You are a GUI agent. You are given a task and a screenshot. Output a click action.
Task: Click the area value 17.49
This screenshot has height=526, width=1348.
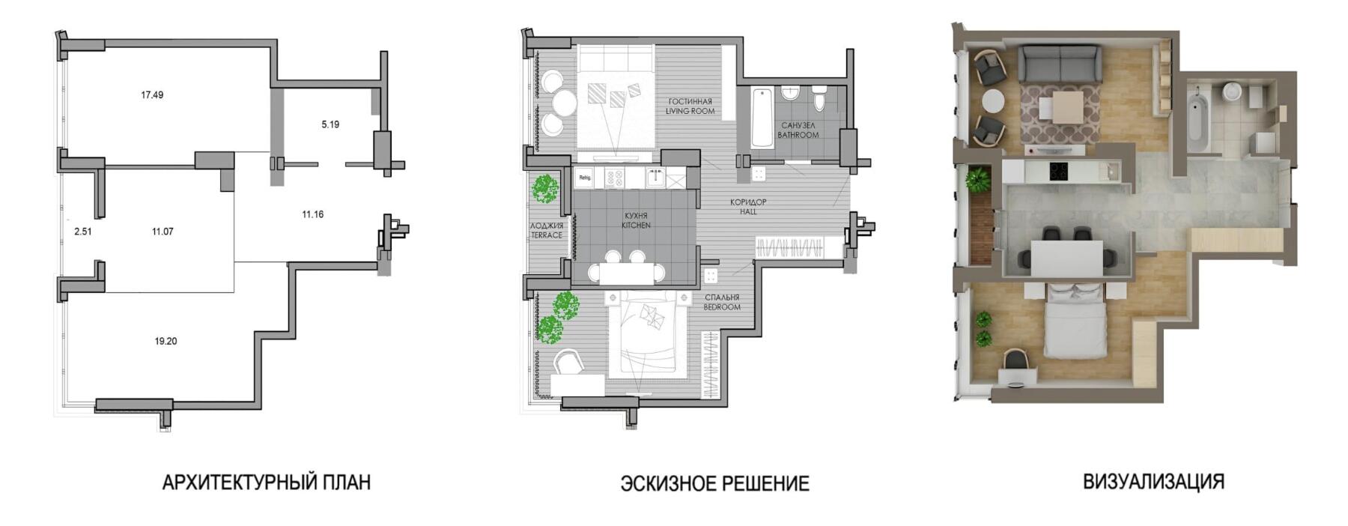[x=152, y=95]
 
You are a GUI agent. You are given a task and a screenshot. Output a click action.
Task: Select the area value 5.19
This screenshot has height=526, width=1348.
[x=330, y=124]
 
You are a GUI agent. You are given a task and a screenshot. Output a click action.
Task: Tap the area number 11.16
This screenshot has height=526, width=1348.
[x=313, y=214]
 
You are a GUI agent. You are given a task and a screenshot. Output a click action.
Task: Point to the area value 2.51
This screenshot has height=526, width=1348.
[x=83, y=232]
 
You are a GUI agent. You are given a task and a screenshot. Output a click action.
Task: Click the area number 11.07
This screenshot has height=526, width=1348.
[x=163, y=232]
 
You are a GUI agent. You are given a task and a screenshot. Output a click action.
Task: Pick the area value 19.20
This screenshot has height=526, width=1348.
[x=166, y=341]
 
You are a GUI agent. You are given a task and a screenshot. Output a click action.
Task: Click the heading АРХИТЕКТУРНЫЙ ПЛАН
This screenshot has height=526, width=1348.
[x=267, y=482]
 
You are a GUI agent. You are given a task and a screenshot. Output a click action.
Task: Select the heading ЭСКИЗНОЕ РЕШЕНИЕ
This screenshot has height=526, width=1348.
[x=715, y=483]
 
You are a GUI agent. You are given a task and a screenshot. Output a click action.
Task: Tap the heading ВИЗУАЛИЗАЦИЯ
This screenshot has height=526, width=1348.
[x=1154, y=481]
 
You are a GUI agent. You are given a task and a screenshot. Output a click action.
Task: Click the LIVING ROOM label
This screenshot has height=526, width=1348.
[x=690, y=112]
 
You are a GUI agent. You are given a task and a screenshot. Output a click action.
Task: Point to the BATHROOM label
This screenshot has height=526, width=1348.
[x=798, y=136]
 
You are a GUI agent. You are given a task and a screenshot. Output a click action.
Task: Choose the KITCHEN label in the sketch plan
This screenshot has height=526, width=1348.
[x=636, y=225]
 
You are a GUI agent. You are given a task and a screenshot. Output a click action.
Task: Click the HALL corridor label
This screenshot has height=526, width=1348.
[x=749, y=212]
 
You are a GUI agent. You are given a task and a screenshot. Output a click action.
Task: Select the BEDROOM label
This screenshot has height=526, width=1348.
[x=722, y=307]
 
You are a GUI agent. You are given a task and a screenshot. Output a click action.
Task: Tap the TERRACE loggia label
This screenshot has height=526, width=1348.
[x=547, y=235]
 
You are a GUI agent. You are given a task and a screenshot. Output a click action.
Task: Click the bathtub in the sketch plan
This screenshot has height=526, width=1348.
[x=762, y=118]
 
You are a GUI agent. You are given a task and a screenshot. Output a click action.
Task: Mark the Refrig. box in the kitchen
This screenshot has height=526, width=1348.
[x=585, y=178]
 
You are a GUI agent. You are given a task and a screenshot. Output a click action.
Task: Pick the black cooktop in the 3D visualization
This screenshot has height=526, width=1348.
[x=1060, y=172]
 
